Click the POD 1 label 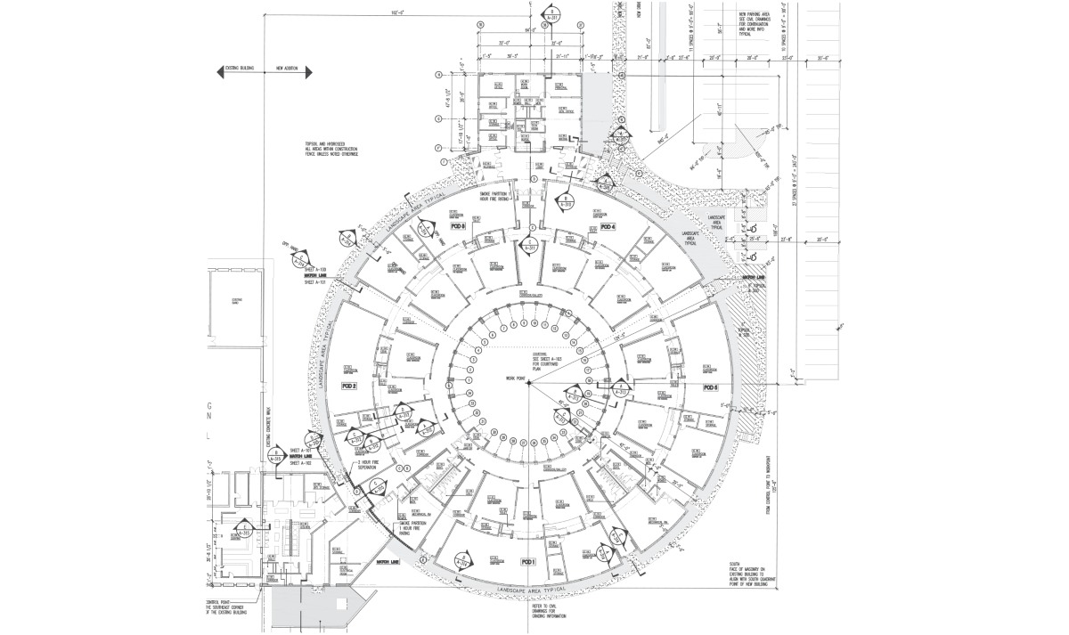tap(527, 562)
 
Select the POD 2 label tap(348, 386)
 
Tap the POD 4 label tap(608, 228)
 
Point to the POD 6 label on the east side tap(710, 387)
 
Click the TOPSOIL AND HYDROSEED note tap(334, 149)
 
